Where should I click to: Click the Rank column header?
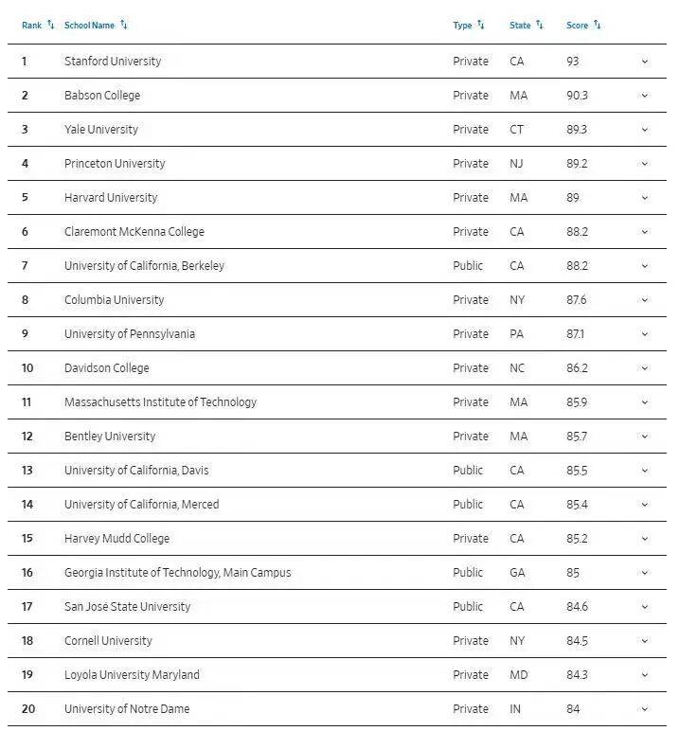31,26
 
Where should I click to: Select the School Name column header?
89,26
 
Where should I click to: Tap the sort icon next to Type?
481,25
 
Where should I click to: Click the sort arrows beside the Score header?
598,25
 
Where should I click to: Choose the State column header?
520,26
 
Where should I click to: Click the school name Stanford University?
113,62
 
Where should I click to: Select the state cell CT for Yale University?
516,130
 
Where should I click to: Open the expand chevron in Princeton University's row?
645,164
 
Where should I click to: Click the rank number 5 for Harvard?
26,198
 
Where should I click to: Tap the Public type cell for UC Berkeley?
468,266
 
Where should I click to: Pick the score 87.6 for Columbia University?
576,300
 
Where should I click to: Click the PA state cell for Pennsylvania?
516,334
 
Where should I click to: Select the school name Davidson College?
106,368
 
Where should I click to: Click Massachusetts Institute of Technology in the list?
160,402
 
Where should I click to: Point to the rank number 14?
27,505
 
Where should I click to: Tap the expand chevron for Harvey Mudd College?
645,539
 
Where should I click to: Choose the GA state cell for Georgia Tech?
517,573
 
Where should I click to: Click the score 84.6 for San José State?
577,607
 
